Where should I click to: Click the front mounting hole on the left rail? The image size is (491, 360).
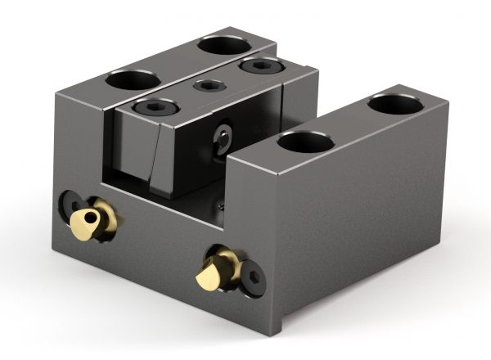(132, 81)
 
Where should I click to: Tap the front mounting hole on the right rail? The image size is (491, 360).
(305, 142)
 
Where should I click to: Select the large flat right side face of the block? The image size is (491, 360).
(368, 213)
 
